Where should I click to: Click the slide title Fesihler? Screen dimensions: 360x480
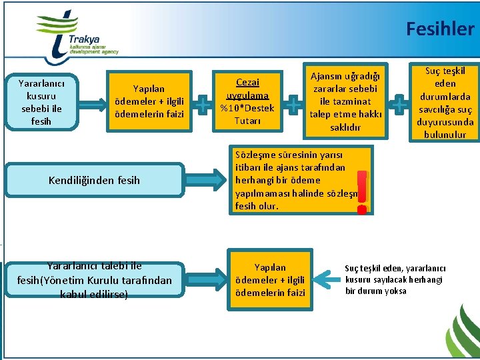pyautogui.click(x=439, y=29)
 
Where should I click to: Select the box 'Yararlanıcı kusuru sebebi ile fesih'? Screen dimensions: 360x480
pyautogui.click(x=41, y=103)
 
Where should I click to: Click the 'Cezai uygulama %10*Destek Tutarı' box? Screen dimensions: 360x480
pyautogui.click(x=247, y=101)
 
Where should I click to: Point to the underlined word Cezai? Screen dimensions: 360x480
pyautogui.click(x=247, y=83)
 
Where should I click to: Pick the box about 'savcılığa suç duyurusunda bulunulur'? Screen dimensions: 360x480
pyautogui.click(x=445, y=103)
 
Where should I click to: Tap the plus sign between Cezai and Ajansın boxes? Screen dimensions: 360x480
pyautogui.click(x=293, y=103)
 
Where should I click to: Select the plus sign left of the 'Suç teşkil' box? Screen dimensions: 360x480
pyautogui.click(x=399, y=103)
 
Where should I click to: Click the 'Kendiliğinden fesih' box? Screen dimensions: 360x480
pyautogui.click(x=95, y=179)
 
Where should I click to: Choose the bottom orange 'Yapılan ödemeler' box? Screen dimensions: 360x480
pyautogui.click(x=270, y=280)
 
